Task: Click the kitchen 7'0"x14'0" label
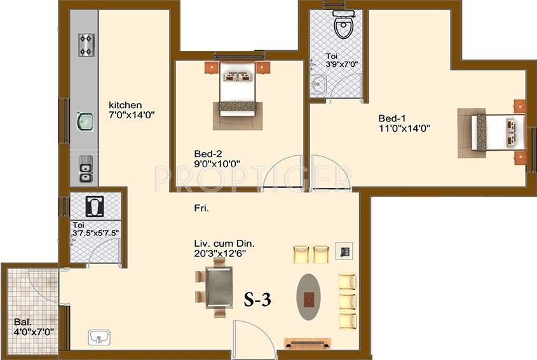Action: pos(132,110)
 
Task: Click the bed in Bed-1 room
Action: pos(492,131)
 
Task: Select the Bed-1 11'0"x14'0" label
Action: pos(404,123)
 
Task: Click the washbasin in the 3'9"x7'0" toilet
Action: pos(318,83)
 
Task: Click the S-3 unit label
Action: pos(258,300)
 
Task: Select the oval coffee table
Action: pos(309,296)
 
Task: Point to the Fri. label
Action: pos(202,208)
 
